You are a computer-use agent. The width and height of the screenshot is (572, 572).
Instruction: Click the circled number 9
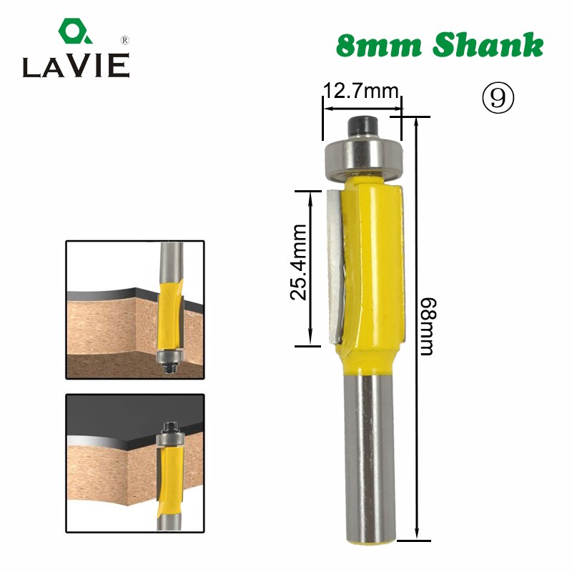click(498, 99)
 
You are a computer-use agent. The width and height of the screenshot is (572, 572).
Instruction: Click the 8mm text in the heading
click(377, 46)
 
